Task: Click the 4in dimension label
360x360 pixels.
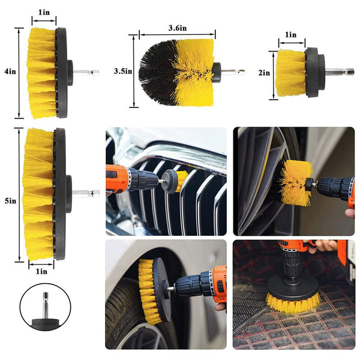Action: [9, 71]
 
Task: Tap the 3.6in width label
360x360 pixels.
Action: [177, 27]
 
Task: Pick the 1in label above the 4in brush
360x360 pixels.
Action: [44, 13]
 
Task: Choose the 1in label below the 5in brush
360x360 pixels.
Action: [41, 271]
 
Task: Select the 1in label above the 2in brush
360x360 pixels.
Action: [291, 35]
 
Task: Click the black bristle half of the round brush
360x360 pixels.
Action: [157, 72]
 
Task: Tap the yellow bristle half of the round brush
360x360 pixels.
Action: [193, 72]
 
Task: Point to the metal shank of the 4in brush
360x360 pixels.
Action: [86, 72]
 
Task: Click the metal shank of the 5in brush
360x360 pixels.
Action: [86, 193]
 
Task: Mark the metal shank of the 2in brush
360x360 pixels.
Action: [341, 71]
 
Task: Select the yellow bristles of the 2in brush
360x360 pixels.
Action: [290, 73]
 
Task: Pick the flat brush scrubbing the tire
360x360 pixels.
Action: [150, 290]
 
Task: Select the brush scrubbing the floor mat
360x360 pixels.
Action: [292, 298]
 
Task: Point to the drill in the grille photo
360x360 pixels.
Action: [132, 178]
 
